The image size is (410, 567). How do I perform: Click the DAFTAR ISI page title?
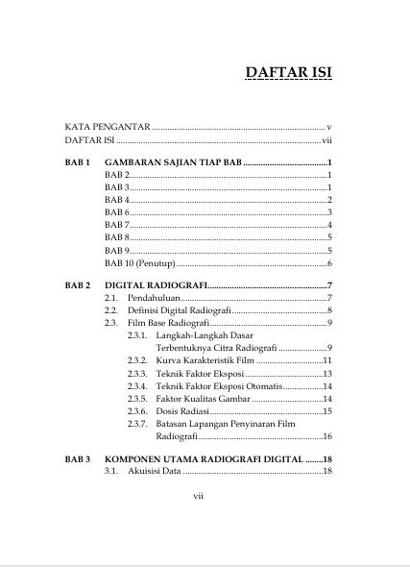pyautogui.click(x=289, y=74)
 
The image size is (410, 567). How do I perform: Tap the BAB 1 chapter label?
pyautogui.click(x=78, y=162)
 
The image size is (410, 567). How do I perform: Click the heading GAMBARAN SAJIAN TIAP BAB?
pyautogui.click(x=173, y=162)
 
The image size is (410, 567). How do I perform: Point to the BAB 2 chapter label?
pyautogui.click(x=78, y=286)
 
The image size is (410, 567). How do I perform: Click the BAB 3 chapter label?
pyautogui.click(x=78, y=459)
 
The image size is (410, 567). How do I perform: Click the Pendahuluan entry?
pyautogui.click(x=154, y=299)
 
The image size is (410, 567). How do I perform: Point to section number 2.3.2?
pyautogui.click(x=137, y=360)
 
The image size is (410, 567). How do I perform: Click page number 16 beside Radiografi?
pyautogui.click(x=326, y=435)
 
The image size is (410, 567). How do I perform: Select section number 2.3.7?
pyautogui.click(x=137, y=423)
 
